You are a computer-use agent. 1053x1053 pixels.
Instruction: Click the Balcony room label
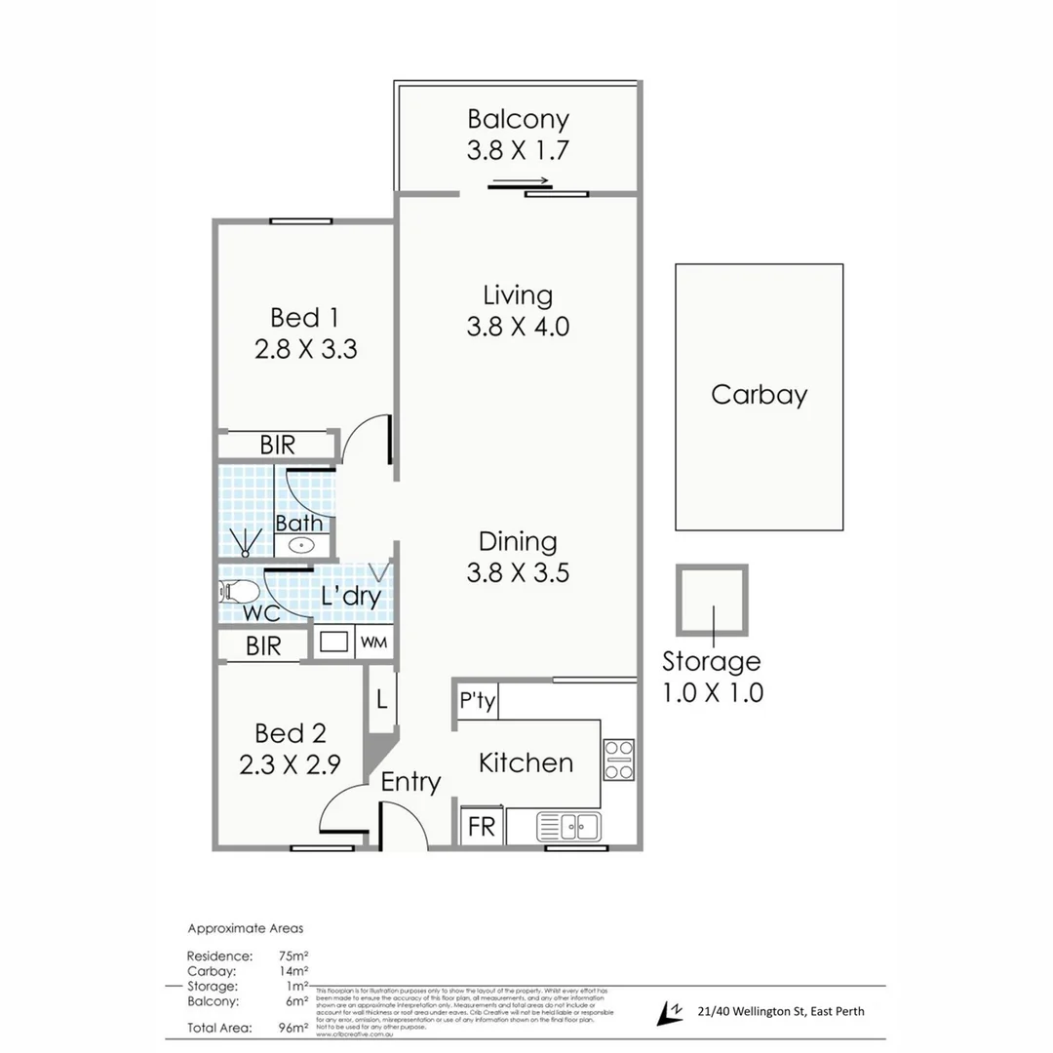[518, 120]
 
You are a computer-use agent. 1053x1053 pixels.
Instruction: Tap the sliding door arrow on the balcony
[520, 180]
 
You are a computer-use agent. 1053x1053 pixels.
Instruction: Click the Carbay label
[759, 395]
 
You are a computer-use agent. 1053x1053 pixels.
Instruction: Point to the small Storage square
[713, 600]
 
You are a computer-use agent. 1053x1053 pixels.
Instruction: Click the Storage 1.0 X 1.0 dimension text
[712, 693]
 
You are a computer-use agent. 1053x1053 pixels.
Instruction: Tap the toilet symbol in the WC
[240, 591]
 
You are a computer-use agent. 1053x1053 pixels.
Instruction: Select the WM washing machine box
[374, 643]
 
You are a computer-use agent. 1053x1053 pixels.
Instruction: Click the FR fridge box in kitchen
[482, 828]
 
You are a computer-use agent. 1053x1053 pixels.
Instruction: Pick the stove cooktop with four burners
[618, 760]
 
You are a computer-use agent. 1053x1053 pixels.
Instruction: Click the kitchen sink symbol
[568, 828]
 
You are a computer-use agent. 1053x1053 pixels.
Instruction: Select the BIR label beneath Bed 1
[277, 445]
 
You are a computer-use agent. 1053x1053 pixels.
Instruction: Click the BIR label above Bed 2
[263, 645]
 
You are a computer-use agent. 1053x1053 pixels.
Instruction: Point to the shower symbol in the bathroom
[245, 540]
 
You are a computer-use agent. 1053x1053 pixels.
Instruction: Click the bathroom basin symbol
[304, 546]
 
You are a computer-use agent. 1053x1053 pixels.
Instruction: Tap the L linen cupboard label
[381, 699]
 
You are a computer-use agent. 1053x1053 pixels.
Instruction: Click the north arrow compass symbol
[670, 1014]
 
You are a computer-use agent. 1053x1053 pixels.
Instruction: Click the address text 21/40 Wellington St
[781, 1011]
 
